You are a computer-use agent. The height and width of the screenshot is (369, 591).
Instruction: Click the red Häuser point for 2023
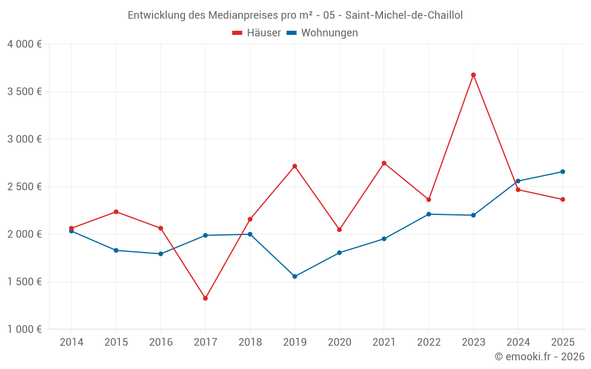[473, 75]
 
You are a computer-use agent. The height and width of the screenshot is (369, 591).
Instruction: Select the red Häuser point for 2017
[205, 298]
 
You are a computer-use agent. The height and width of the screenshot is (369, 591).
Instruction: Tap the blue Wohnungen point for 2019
[294, 276]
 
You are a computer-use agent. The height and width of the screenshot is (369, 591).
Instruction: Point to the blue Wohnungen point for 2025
[563, 172]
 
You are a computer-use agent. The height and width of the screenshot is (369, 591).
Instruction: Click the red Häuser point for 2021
[384, 163]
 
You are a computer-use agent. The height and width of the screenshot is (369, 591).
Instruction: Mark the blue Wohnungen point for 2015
[116, 250]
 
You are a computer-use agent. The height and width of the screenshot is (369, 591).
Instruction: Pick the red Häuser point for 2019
[294, 166]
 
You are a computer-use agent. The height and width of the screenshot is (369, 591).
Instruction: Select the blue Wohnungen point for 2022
[428, 214]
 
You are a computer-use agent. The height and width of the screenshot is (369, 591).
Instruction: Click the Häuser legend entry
[257, 33]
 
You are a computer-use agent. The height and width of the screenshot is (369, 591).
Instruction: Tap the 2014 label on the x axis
[71, 342]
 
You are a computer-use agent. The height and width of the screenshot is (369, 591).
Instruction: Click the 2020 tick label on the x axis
[339, 342]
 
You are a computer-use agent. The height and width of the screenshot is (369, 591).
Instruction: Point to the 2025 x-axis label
[563, 342]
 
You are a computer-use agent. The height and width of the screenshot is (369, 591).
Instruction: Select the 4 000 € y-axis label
[24, 44]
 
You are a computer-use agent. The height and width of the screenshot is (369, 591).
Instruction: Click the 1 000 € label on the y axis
[24, 329]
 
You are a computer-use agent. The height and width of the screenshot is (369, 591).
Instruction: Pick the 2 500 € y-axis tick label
[24, 187]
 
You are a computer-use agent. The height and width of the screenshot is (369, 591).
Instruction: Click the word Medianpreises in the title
[243, 15]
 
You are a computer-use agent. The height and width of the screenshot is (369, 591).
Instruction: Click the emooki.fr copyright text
[540, 357]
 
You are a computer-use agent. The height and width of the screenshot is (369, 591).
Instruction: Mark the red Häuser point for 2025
[563, 200]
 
